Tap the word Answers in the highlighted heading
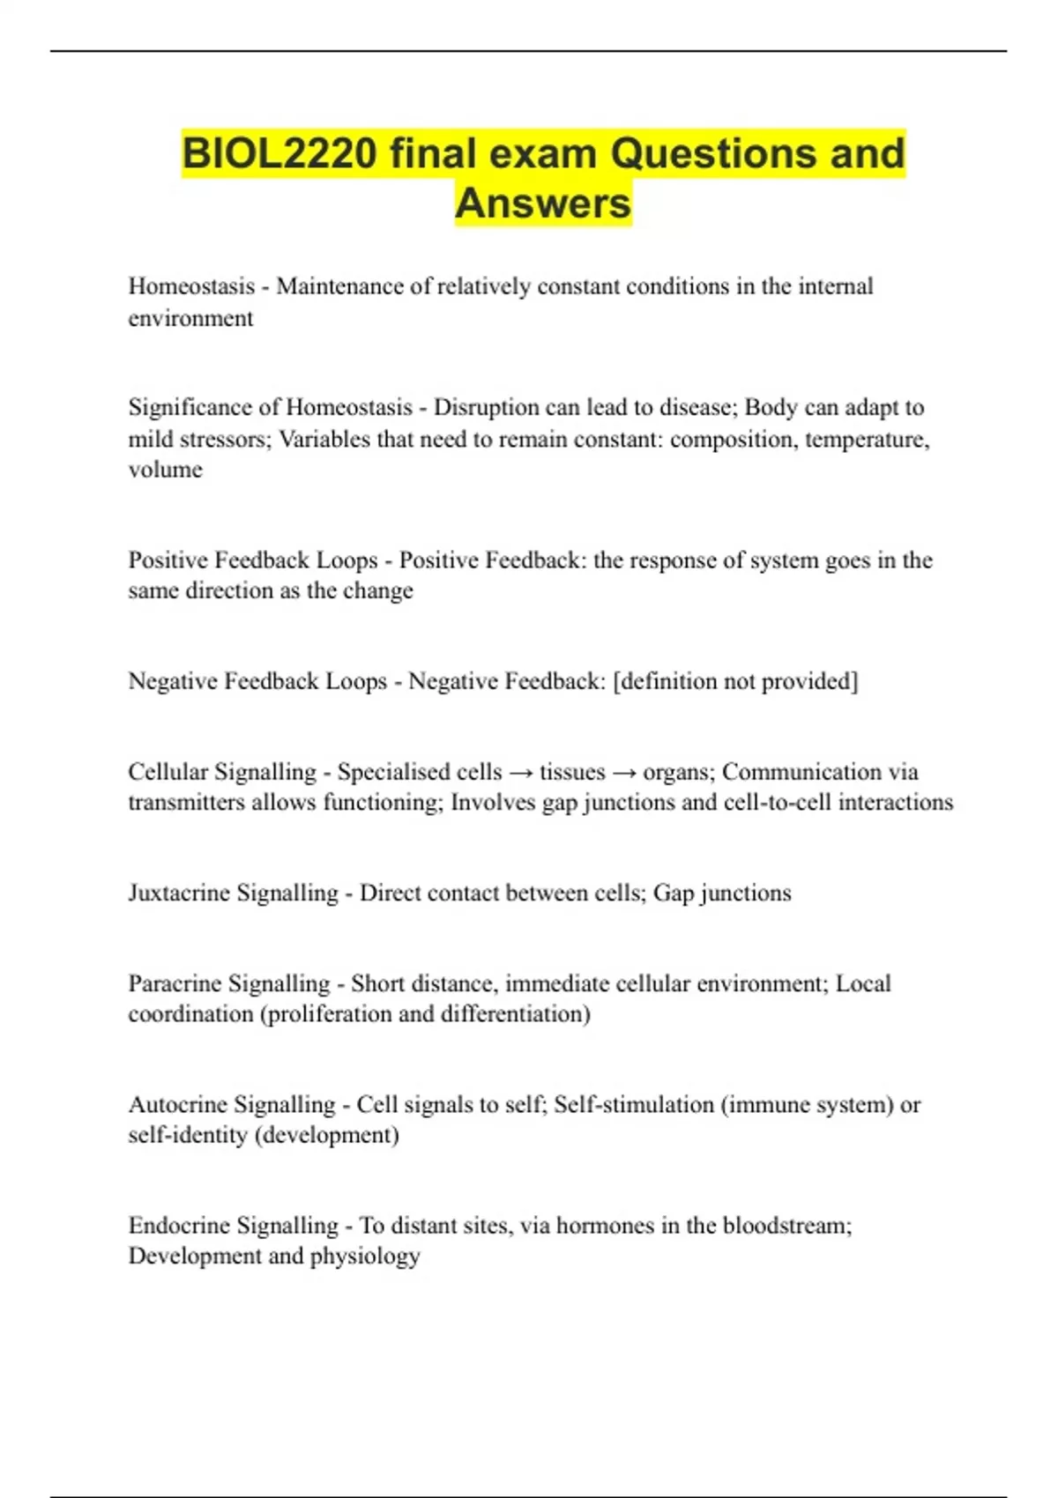coord(543,204)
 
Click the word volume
coord(165,470)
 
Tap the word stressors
coord(229,439)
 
